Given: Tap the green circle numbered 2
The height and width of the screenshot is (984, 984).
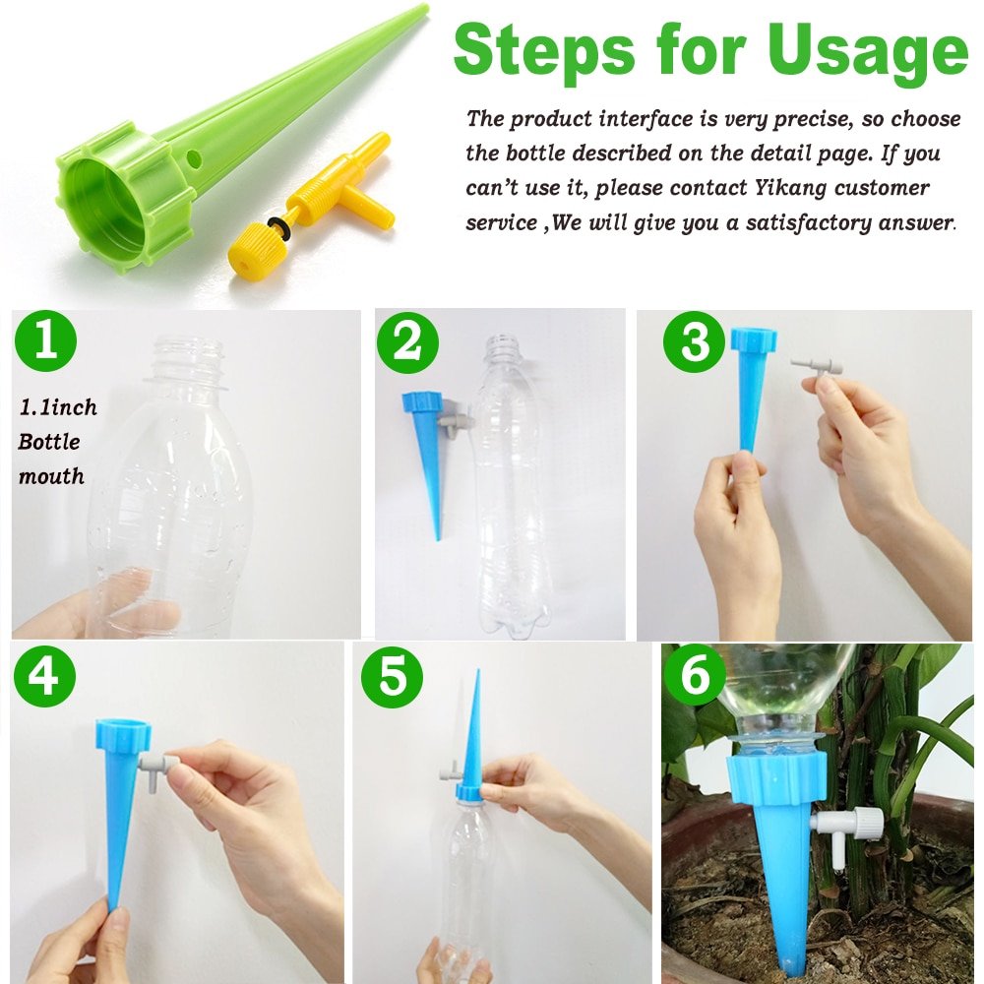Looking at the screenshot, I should (407, 343).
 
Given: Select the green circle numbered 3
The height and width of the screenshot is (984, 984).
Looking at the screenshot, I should (695, 343).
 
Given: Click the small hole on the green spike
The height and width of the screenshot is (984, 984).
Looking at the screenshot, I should (195, 157).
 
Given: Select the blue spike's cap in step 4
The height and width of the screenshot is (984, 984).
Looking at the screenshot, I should (123, 736).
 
